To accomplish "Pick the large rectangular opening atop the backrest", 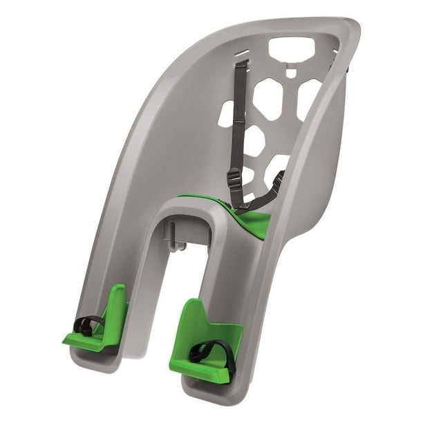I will (x=291, y=48).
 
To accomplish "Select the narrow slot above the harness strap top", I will (x=241, y=53).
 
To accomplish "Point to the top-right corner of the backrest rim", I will (x=352, y=28).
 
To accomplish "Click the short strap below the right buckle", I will (x=266, y=197).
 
